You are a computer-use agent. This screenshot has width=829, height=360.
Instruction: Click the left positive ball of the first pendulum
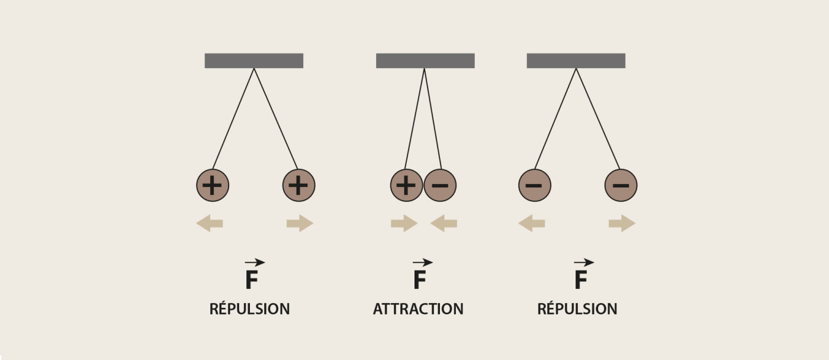pos(213,185)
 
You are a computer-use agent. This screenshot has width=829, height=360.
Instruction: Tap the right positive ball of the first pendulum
pos(298,185)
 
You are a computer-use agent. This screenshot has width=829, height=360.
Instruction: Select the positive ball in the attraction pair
pos(406,185)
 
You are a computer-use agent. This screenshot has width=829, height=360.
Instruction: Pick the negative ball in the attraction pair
pos(440,185)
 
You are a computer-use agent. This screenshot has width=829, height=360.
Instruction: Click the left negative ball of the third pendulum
pos(535,185)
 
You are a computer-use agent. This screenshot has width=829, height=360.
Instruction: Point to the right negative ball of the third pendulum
pos(621,185)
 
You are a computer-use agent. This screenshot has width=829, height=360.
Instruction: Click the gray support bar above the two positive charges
pos(254,60)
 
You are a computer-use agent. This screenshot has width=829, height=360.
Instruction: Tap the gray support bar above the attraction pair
pos(425,60)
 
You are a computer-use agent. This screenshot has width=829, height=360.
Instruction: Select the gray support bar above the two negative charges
pos(576,60)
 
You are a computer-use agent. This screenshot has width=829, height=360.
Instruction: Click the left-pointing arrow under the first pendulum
pos(210,223)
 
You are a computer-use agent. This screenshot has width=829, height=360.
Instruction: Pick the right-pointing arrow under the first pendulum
pos(300,223)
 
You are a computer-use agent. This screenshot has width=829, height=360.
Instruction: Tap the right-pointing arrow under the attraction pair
pos(404,223)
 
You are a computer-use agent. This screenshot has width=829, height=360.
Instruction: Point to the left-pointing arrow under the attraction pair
pos(444,223)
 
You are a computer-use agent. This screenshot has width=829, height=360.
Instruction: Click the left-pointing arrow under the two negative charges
pos(532,223)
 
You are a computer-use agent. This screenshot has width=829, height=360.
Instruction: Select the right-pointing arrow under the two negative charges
pos(622,223)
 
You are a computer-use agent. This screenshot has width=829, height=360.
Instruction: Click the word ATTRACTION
pos(418,309)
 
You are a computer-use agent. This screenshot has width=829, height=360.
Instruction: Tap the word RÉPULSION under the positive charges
pos(250,308)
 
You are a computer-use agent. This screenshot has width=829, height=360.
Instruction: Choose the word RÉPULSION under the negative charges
pos(577,308)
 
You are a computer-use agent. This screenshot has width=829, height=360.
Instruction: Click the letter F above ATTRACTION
pos(420,279)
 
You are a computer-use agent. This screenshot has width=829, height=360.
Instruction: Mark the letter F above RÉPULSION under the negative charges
pos(581,279)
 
